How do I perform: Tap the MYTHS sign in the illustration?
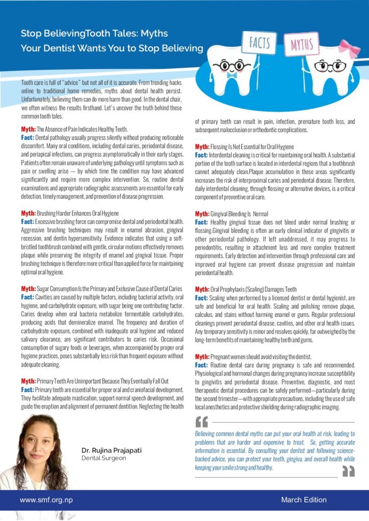pyautogui.click(x=302, y=46)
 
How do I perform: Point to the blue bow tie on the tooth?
pyautogui.click(x=232, y=75)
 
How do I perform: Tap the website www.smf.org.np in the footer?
pyautogui.click(x=46, y=500)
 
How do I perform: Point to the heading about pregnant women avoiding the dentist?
pyautogui.click(x=250, y=357)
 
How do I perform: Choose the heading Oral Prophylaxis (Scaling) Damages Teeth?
pyautogui.click(x=246, y=289)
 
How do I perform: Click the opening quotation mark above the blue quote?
pyautogui.click(x=202, y=422)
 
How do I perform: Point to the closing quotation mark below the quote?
pyautogui.click(x=348, y=472)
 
